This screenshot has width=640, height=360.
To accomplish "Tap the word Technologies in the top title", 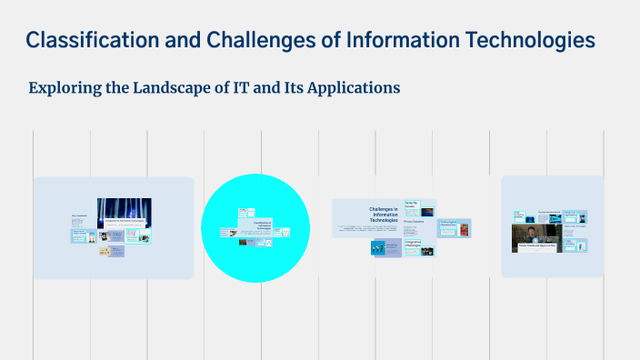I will pos(531,40).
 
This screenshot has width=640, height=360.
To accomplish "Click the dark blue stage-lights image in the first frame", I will pos(124,212).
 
